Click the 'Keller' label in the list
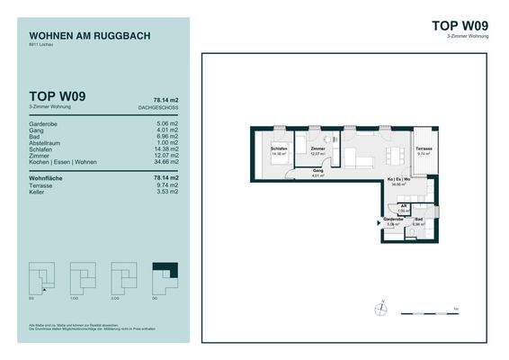point(37,193)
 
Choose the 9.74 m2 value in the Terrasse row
point(168,185)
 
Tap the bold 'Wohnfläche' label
point(49,178)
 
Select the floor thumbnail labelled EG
point(41,274)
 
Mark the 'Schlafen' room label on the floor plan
point(278,150)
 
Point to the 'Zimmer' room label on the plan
point(317,150)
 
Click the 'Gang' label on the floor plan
point(317,170)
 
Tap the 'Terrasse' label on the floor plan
point(424,150)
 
